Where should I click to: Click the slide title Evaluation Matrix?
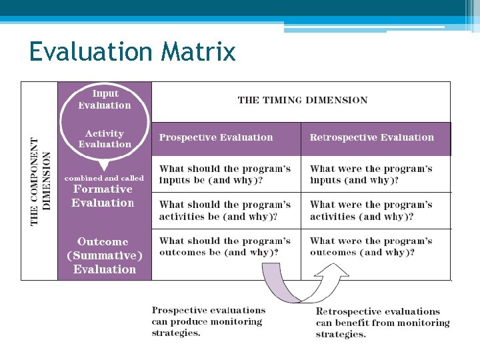tap(132, 51)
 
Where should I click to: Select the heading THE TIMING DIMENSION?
tap(302, 100)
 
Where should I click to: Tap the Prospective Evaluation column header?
tap(215, 137)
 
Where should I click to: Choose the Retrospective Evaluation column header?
tap(371, 137)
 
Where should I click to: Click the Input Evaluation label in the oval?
tap(105, 99)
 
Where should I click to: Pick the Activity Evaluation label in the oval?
tap(105, 139)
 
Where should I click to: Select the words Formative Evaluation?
tap(103, 196)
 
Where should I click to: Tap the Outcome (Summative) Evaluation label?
tap(104, 255)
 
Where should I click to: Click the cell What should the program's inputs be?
tap(225, 175)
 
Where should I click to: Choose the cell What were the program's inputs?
tap(371, 175)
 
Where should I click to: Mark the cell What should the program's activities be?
tap(225, 211)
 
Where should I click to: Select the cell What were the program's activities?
tap(371, 211)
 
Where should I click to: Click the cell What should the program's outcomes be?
tap(225, 247)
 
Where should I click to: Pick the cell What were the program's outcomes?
tap(371, 247)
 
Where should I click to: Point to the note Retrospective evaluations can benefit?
tap(382, 323)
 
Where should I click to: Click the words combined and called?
tap(104, 178)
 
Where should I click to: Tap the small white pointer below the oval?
tap(104, 164)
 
